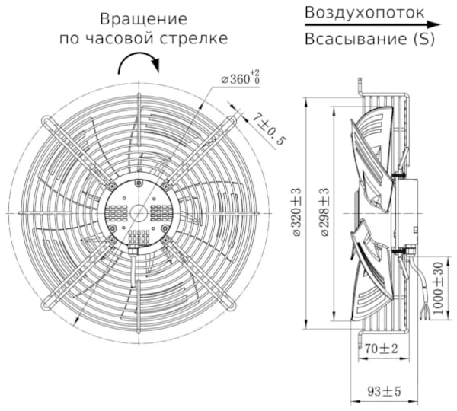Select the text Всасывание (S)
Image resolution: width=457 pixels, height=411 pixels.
pos(369,40)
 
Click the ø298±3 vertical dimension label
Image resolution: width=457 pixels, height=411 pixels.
pos(324,212)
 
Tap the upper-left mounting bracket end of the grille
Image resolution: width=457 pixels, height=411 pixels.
pos(47,120)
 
